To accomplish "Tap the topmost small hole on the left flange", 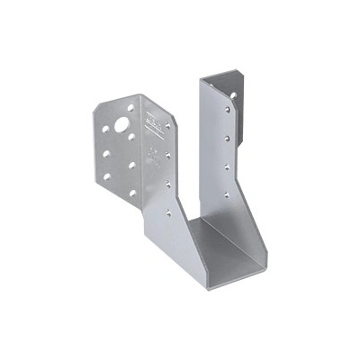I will click(x=130, y=108).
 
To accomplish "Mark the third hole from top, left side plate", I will click(x=167, y=184).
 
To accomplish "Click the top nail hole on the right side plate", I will click(x=228, y=110).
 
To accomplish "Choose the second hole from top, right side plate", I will click(x=227, y=138).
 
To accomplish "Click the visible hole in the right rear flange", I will click(x=233, y=94).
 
